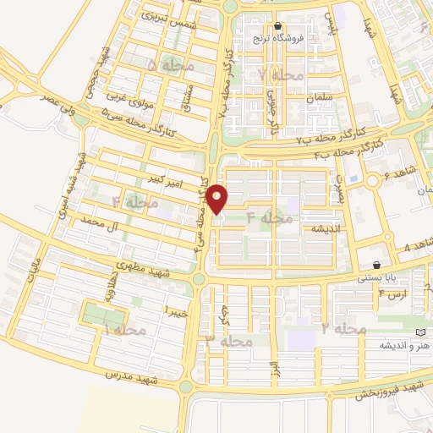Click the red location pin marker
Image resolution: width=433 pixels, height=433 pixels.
coord(217,199)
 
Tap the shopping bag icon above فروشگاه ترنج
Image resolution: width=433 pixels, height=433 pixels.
coord(277,27)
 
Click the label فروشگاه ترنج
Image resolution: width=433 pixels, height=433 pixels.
coord(271,39)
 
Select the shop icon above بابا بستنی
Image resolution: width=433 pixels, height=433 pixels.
coord(376,265)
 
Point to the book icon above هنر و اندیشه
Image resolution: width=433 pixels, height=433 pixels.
coord(422,333)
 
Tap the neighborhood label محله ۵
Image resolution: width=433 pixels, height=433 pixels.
coord(169,65)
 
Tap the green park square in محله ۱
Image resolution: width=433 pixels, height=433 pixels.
coord(101,315)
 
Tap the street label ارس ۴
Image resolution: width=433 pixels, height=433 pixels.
coord(393,294)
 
